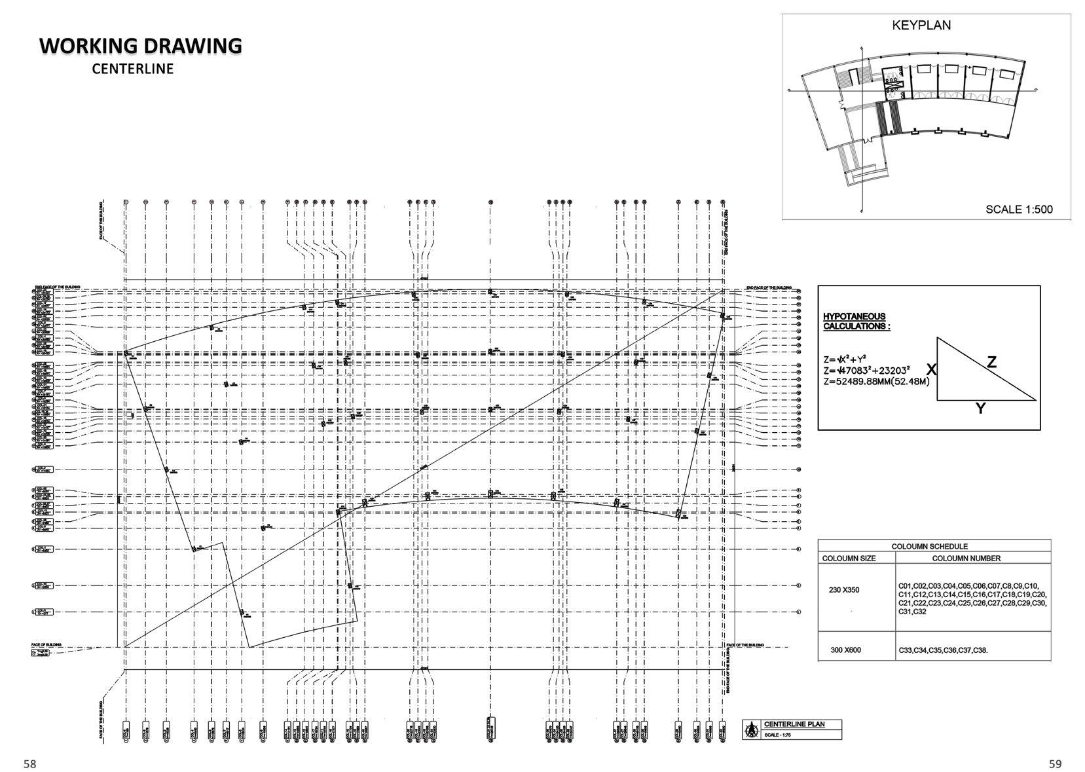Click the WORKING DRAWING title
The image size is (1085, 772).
coord(141,46)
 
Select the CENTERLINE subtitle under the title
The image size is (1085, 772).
coord(133,69)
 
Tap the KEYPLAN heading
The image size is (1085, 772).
coord(921,26)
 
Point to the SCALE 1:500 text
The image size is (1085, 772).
coord(1019,210)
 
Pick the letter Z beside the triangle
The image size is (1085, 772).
coord(991,361)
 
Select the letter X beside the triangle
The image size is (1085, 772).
coord(930,369)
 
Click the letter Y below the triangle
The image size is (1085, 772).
coord(980,409)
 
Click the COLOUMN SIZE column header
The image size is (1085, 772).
coord(858,559)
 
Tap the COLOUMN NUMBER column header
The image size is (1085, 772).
coord(966,559)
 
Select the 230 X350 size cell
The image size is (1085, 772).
coord(844,590)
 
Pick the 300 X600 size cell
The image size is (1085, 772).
coord(845,650)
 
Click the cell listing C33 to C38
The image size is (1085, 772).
coord(943,650)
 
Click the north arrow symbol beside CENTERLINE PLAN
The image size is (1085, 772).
coord(752,729)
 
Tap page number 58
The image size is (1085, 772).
coord(30,763)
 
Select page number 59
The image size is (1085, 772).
coord(1055,763)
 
